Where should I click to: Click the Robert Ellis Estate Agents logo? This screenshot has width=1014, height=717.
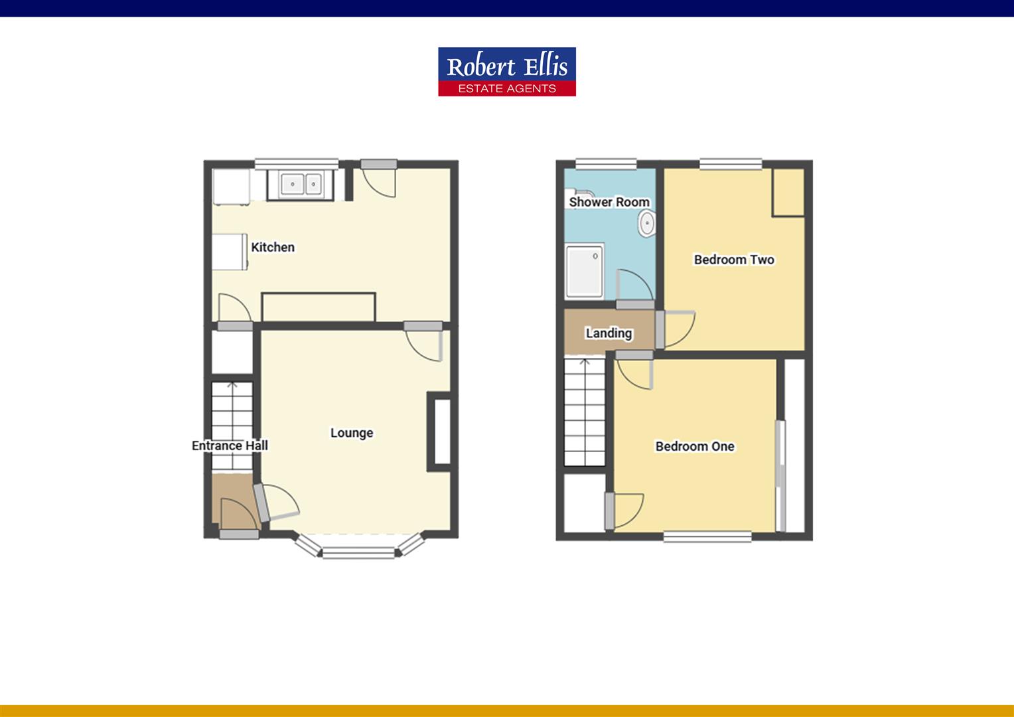click(506, 71)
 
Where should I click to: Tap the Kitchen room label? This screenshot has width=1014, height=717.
click(273, 247)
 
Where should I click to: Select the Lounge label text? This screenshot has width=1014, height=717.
click(352, 433)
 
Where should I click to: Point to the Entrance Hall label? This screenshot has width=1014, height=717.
click(230, 445)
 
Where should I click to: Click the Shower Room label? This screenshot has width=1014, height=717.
click(609, 202)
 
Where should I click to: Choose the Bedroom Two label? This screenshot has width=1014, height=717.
click(734, 260)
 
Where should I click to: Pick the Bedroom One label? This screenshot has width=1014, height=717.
click(695, 446)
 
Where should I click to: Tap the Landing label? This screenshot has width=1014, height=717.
click(609, 333)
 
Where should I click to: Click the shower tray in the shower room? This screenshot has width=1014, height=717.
click(584, 271)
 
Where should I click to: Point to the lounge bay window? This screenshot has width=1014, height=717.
click(358, 550)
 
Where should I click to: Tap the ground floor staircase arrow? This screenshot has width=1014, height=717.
click(232, 387)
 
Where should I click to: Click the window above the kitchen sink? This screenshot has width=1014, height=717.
click(297, 163)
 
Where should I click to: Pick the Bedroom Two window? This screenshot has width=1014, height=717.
click(730, 163)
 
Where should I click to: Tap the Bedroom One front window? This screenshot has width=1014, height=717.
click(707, 536)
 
